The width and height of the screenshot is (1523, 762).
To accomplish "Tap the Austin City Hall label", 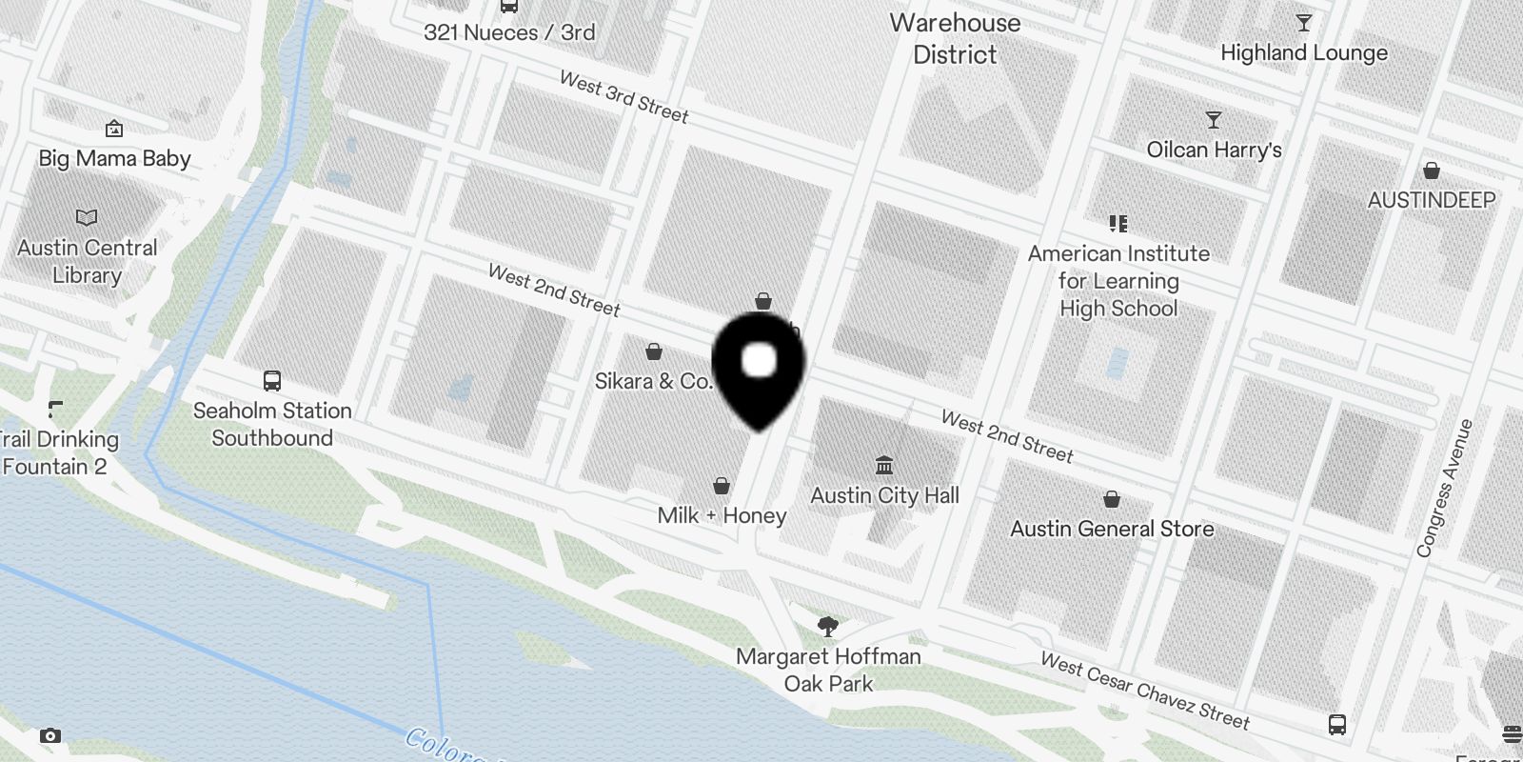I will pos(884,495).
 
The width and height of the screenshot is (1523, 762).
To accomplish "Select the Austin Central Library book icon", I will pos(87,218).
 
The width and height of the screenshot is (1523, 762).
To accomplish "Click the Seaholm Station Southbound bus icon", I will pos(272,381).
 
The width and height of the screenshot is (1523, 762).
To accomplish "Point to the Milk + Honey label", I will pos(722,515).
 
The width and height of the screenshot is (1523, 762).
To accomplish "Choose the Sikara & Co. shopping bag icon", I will pos(654,352).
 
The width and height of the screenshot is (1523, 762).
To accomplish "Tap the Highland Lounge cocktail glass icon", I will pos(1304,23).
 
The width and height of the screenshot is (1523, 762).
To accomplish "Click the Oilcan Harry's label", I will pos(1214,150).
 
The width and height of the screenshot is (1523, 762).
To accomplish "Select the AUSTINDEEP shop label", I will pos(1431,200).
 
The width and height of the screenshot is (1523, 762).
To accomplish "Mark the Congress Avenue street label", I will pos(1444,488).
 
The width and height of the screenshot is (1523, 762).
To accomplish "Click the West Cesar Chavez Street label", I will pos(1144,691).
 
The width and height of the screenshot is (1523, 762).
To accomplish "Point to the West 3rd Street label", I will pos(623,97).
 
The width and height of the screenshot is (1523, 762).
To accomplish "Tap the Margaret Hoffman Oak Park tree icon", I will pos(828,626).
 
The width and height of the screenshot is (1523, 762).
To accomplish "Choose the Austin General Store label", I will pos(1112,529).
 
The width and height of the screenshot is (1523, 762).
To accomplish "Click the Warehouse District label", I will pos(955,38).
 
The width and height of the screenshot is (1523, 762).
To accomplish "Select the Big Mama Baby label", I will pos(114,158).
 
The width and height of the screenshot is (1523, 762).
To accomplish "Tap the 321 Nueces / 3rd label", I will pos(509,32).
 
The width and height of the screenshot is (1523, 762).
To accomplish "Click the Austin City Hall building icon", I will pos(884,465).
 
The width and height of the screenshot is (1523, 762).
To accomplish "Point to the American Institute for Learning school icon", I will pos(1118,223).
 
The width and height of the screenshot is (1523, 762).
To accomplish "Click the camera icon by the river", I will pos(50,735).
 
